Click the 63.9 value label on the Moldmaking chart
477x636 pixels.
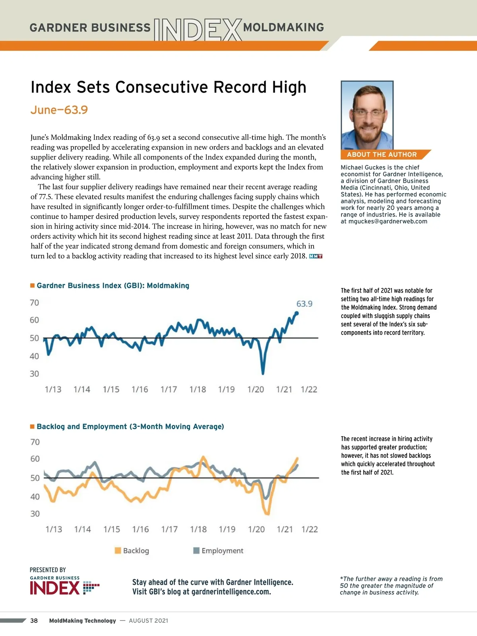click(304, 304)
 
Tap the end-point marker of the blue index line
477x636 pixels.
click(297, 313)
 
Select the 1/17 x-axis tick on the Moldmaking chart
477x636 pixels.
click(169, 390)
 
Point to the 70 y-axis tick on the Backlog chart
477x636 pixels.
click(35, 442)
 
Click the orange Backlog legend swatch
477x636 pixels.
click(118, 551)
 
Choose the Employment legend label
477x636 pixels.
click(222, 551)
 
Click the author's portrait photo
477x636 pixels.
click(367, 115)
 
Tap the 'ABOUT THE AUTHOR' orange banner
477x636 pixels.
click(382, 155)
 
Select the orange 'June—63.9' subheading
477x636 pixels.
click(59, 110)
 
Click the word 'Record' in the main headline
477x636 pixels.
click(240, 87)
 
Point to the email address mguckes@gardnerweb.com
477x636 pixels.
click(388, 221)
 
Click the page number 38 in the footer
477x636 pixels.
click(34, 620)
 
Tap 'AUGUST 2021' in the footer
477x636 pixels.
click(148, 620)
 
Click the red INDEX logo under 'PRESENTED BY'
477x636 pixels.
click(55, 588)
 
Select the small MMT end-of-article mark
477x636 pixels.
click(316, 256)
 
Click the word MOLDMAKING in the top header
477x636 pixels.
click(283, 27)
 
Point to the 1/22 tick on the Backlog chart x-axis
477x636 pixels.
click(310, 529)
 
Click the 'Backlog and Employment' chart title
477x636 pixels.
click(130, 427)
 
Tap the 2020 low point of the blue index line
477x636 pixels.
click(263, 373)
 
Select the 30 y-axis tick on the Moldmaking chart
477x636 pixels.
click(34, 374)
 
